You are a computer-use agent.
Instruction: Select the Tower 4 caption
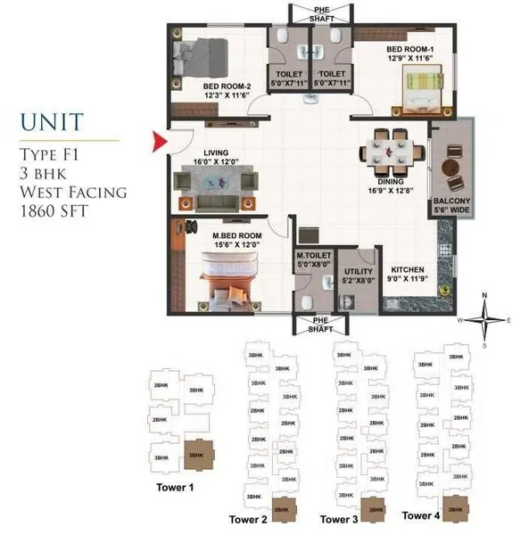coord(421,514)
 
